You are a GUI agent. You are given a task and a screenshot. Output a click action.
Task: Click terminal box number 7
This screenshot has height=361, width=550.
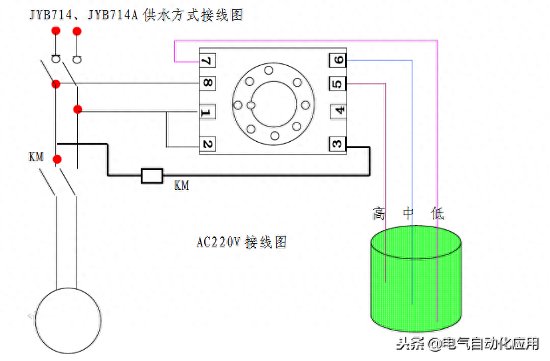point(207,61)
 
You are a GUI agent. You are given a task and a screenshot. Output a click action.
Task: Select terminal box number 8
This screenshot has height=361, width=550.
point(207,84)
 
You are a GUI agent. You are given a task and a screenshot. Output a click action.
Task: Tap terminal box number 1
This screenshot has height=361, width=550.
point(207,113)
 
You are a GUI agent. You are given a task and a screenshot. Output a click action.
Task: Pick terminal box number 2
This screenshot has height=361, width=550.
point(207,144)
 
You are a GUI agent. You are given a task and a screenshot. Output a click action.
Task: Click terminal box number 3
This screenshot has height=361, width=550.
point(338,144)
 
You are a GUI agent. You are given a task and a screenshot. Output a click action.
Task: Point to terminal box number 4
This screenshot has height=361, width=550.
point(339,111)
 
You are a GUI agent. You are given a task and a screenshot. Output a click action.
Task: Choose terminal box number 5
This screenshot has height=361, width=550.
point(338,84)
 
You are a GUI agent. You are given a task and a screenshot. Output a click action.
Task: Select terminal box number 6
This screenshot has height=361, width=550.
point(338,61)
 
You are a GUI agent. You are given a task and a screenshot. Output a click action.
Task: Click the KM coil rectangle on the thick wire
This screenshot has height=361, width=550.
point(152,176)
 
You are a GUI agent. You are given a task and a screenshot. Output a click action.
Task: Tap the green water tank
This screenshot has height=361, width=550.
point(416,280)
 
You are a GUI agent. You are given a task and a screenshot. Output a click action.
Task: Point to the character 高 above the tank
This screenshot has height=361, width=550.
point(379,214)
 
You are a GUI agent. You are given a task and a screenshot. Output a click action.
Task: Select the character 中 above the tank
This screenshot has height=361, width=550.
point(409,214)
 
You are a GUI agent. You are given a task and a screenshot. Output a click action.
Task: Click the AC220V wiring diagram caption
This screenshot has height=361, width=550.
point(241,242)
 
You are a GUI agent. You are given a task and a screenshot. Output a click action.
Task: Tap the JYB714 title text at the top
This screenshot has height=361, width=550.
point(136,15)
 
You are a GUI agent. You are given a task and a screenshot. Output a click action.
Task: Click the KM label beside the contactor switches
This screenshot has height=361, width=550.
point(36,157)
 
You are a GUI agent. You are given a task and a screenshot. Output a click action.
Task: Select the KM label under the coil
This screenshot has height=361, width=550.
point(182,186)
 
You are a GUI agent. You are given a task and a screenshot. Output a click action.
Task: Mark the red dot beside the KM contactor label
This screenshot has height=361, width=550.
point(57,159)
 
